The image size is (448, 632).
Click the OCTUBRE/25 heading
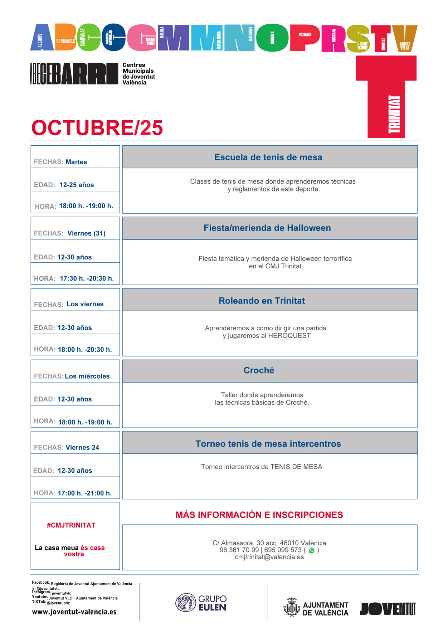pyautogui.click(x=97, y=128)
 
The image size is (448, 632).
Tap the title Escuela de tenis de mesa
pyautogui.click(x=268, y=157)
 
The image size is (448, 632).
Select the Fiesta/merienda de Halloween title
pyautogui.click(x=267, y=228)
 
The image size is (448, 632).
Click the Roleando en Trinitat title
pyautogui.click(x=262, y=301)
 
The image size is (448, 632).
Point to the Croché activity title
pyautogui.click(x=259, y=370)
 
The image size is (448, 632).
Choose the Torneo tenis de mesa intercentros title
pyautogui.click(x=268, y=444)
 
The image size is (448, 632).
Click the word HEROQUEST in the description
pyautogui.click(x=289, y=336)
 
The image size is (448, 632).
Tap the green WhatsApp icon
pyautogui.click(x=312, y=550)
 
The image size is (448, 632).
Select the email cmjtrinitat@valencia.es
pyautogui.click(x=269, y=557)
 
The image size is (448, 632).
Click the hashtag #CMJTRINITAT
pyautogui.click(x=71, y=525)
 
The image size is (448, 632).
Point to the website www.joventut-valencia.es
pyautogui.click(x=74, y=612)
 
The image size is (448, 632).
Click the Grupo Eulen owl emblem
pyautogui.click(x=185, y=603)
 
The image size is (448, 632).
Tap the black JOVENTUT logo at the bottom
pyautogui.click(x=388, y=609)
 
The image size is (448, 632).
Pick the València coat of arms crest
pyautogui.click(x=292, y=607)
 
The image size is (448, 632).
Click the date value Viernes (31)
pyautogui.click(x=86, y=233)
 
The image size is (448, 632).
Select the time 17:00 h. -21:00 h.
pyautogui.click(x=85, y=493)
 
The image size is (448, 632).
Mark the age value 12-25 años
pyautogui.click(x=77, y=185)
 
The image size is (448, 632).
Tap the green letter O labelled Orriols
pyautogui.click(x=272, y=38)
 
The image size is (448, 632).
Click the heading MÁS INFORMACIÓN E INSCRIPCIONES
pyautogui.click(x=259, y=515)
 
